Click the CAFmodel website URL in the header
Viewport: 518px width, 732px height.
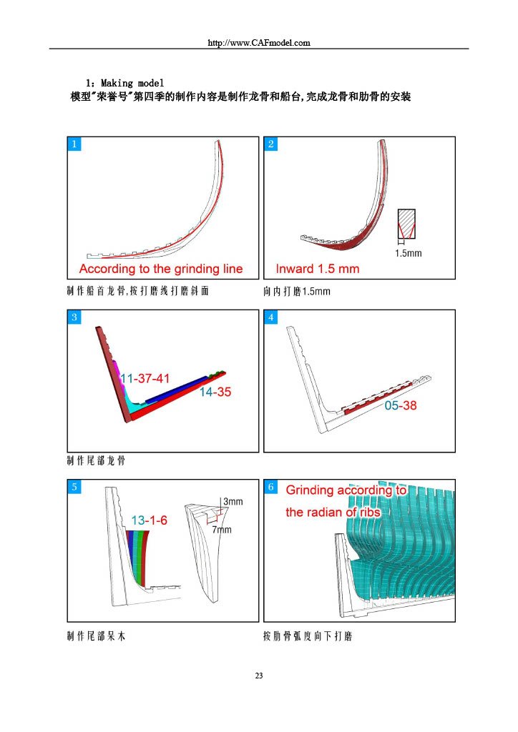click(259, 42)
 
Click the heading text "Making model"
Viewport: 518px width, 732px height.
click(132, 83)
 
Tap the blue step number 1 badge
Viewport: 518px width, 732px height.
click(74, 144)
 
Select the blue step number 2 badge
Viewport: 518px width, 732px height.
click(271, 144)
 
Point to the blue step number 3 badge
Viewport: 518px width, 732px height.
click(74, 317)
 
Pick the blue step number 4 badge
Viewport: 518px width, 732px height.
click(271, 317)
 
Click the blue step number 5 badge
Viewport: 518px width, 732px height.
click(74, 487)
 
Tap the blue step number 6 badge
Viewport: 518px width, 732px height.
click(271, 487)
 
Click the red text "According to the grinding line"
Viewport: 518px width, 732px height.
click(161, 269)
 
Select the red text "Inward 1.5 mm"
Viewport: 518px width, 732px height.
click(317, 269)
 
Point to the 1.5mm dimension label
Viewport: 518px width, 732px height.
click(408, 253)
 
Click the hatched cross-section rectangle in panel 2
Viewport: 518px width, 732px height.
click(406, 224)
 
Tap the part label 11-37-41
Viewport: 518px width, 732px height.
click(145, 378)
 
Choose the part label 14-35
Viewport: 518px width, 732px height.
click(215, 392)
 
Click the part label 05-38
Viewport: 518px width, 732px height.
click(401, 405)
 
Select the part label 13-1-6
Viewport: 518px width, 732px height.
click(149, 520)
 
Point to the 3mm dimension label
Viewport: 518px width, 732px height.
click(233, 501)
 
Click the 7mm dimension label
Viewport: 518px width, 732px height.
click(221, 530)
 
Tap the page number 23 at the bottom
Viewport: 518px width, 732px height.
click(259, 676)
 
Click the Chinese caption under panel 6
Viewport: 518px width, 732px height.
click(308, 635)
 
